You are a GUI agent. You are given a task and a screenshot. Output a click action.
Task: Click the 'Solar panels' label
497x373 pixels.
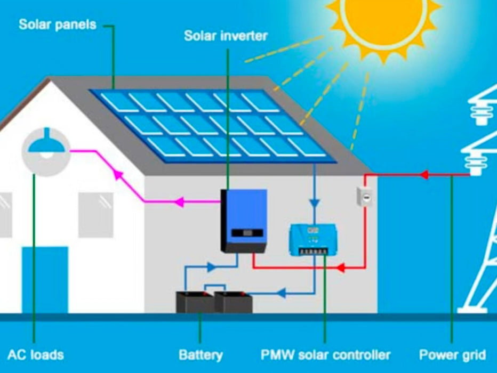click(x=58, y=25)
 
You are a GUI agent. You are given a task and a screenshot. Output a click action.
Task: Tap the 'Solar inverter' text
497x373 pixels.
click(x=226, y=36)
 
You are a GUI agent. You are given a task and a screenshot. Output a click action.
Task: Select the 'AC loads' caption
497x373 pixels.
click(x=36, y=355)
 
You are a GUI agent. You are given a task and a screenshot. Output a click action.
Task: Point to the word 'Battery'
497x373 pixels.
click(x=201, y=355)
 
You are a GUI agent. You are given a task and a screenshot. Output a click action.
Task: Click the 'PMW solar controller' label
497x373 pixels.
click(x=325, y=355)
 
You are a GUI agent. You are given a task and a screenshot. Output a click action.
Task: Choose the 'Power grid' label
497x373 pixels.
click(x=452, y=355)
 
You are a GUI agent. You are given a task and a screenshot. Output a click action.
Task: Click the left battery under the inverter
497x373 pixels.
click(x=194, y=302)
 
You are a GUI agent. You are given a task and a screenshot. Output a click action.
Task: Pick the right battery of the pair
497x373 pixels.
click(x=234, y=302)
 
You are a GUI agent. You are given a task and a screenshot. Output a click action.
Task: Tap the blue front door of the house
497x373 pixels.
click(x=45, y=279)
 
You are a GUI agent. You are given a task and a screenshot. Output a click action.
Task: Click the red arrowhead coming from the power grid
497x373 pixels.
click(x=424, y=174)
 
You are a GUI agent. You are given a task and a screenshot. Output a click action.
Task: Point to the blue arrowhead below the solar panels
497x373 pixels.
click(x=314, y=202)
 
